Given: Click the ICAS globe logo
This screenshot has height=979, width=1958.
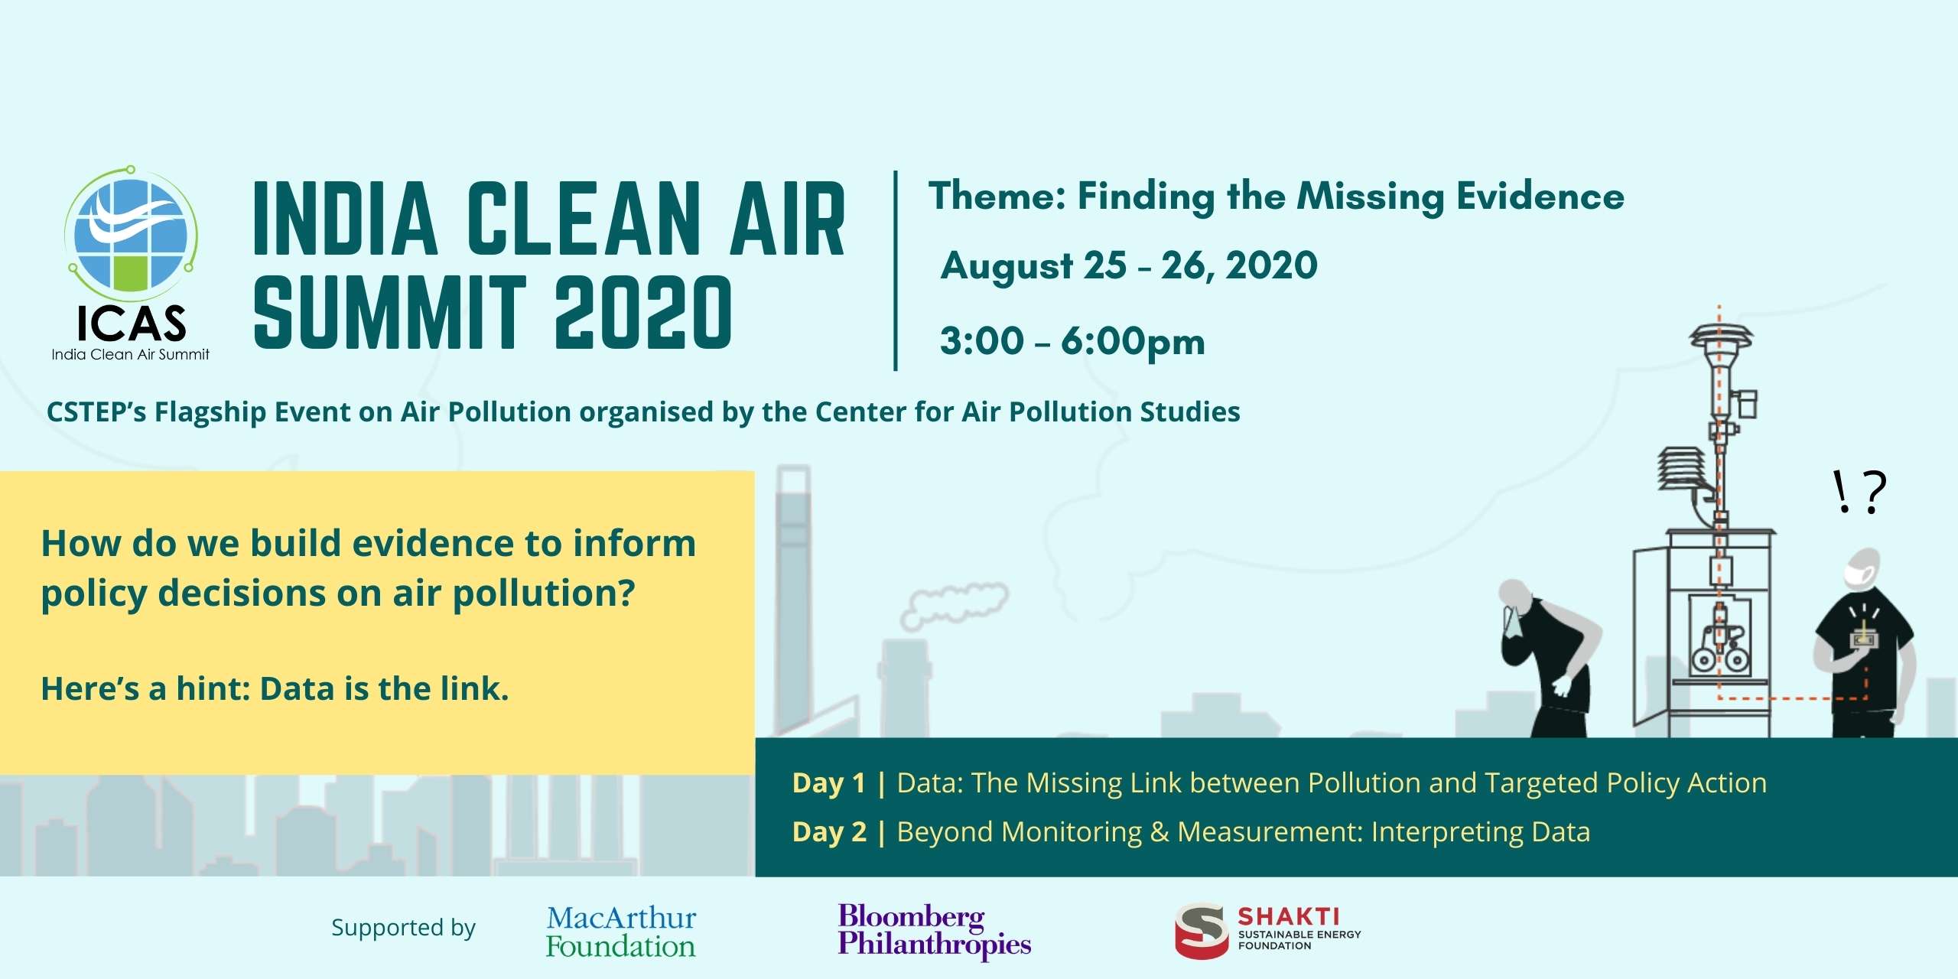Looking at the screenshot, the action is point(132,234).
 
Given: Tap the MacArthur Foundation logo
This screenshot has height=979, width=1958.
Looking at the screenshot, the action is point(621,932).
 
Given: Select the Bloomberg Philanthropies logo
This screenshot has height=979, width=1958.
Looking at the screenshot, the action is point(934,931).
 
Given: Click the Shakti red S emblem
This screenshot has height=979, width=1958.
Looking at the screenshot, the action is point(1201,931).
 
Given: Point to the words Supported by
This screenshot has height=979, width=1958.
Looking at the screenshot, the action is point(403,928).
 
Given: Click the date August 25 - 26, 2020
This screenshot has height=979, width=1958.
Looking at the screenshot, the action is point(1129,266).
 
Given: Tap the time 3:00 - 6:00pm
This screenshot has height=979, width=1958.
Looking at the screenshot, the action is point(1072,341).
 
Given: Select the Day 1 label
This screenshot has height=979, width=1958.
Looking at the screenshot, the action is point(829,783).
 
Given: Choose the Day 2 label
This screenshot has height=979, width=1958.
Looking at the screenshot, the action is point(829,832).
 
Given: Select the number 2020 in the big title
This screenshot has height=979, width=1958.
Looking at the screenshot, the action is point(643,312).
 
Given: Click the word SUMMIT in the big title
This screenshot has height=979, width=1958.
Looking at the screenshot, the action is point(390,312).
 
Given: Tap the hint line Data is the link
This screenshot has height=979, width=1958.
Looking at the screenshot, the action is point(385,689).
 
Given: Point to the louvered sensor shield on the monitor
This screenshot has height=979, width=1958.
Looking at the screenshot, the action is point(1681,470).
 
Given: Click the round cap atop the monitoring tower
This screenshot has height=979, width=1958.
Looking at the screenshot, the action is point(1721,337).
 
